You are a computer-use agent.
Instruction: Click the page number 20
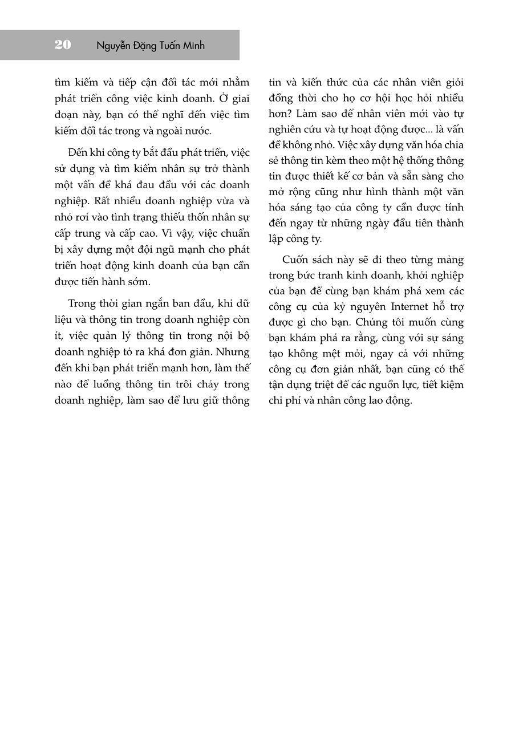point(63,45)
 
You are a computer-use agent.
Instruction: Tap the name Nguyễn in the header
point(116,46)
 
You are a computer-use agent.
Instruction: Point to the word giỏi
point(452,82)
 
